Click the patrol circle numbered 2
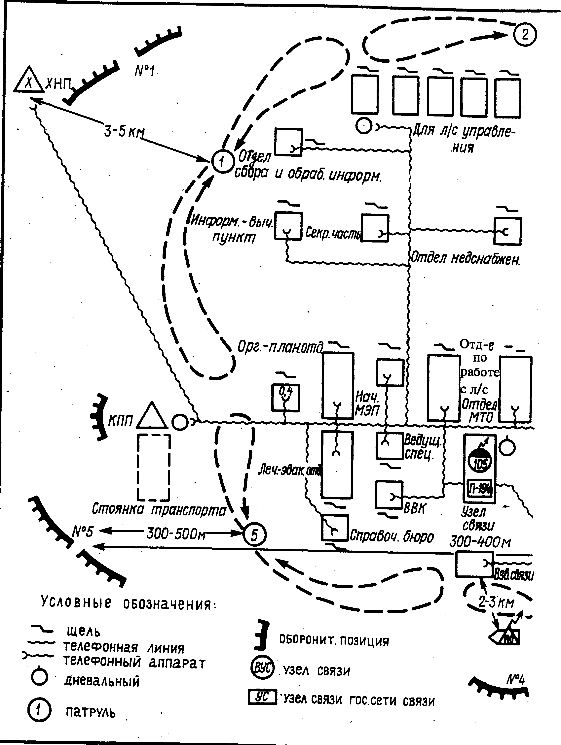tap(525, 35)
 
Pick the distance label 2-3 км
tap(496, 602)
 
